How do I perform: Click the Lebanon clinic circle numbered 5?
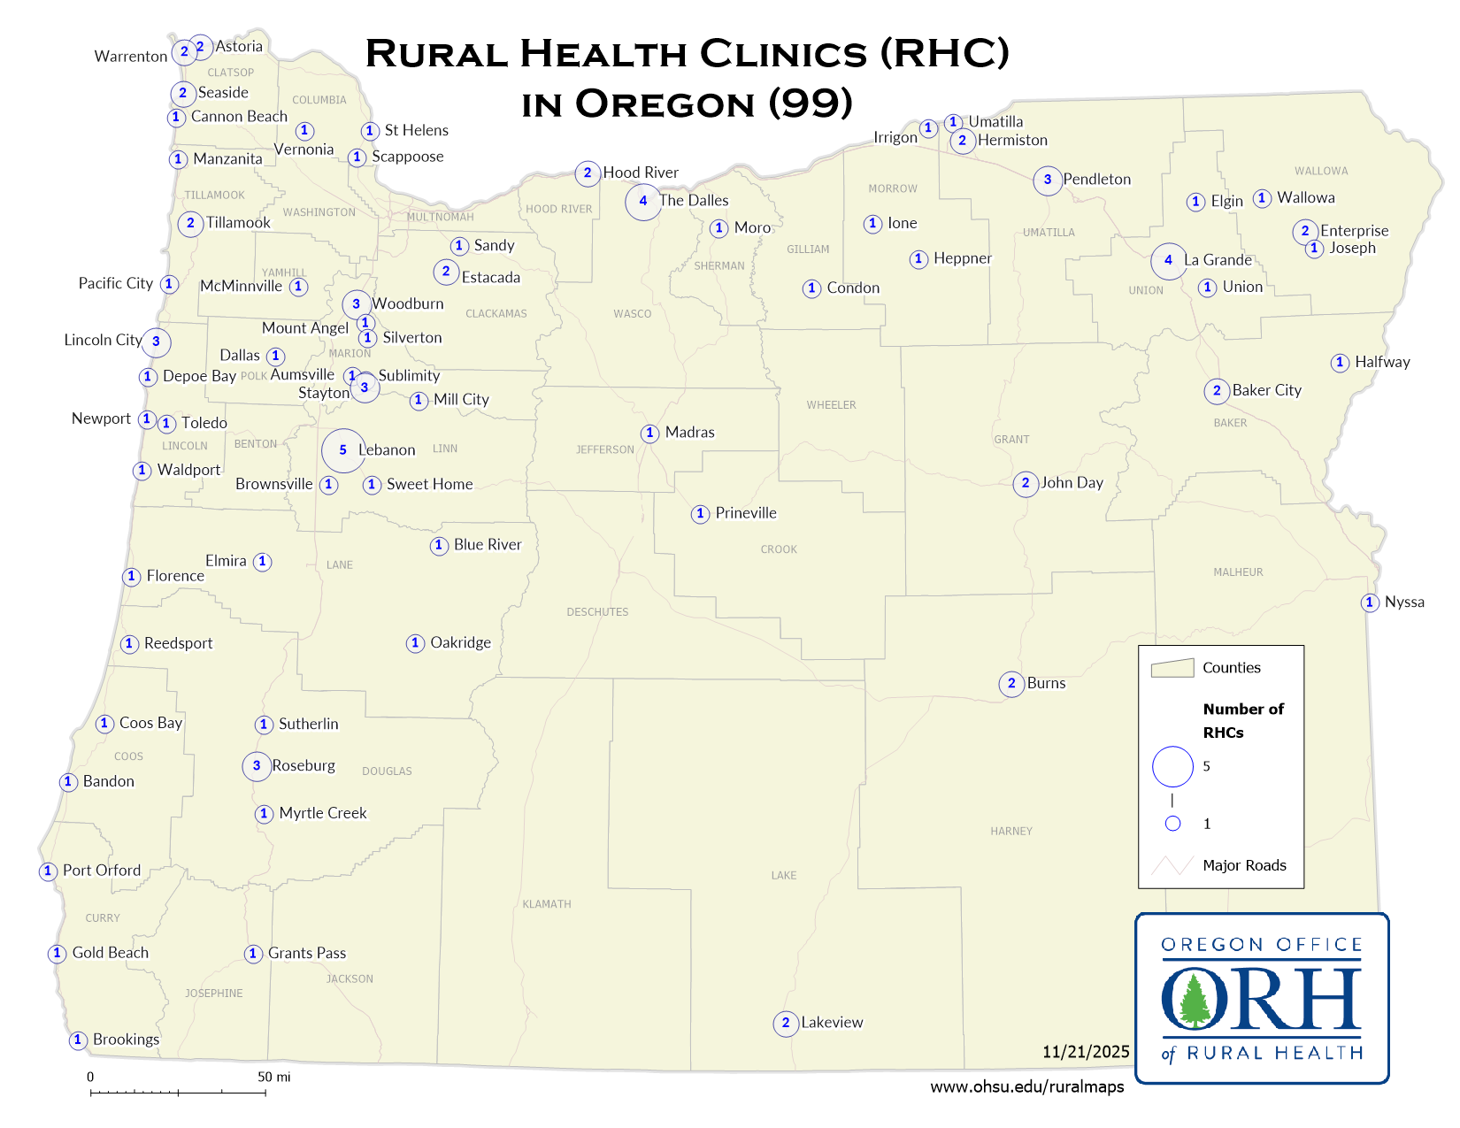[343, 450]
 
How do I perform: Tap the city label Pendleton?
[1096, 180]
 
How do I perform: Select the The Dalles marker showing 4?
[643, 201]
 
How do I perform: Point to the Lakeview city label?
[832, 1023]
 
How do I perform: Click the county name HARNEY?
[1011, 832]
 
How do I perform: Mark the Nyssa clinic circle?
[1370, 602]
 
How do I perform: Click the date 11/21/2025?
[1086, 1052]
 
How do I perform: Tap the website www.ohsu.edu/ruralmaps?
[1026, 1087]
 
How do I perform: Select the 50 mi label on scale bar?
[273, 1078]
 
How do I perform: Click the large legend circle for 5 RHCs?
[1172, 766]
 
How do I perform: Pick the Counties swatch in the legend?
[1172, 668]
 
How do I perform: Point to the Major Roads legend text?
[1244, 865]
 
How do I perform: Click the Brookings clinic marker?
[78, 1040]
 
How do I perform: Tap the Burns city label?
[1046, 684]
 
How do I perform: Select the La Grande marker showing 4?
[1169, 260]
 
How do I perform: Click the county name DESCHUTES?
[597, 612]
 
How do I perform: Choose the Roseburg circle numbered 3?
[257, 766]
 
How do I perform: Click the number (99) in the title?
[811, 104]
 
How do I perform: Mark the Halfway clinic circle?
[1340, 363]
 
